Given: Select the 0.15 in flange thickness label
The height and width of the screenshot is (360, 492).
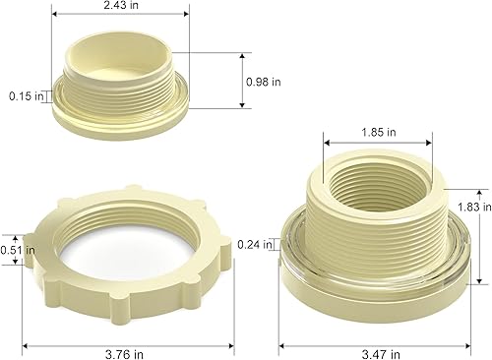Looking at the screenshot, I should point(27,96).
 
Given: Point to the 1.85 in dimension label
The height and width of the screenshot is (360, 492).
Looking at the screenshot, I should point(378,131).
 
